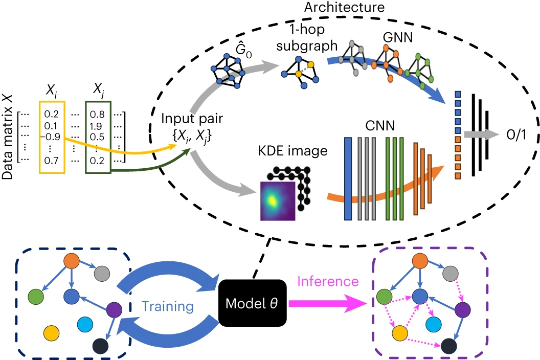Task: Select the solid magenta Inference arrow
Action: (x=327, y=303)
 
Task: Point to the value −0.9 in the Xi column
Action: (x=48, y=137)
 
